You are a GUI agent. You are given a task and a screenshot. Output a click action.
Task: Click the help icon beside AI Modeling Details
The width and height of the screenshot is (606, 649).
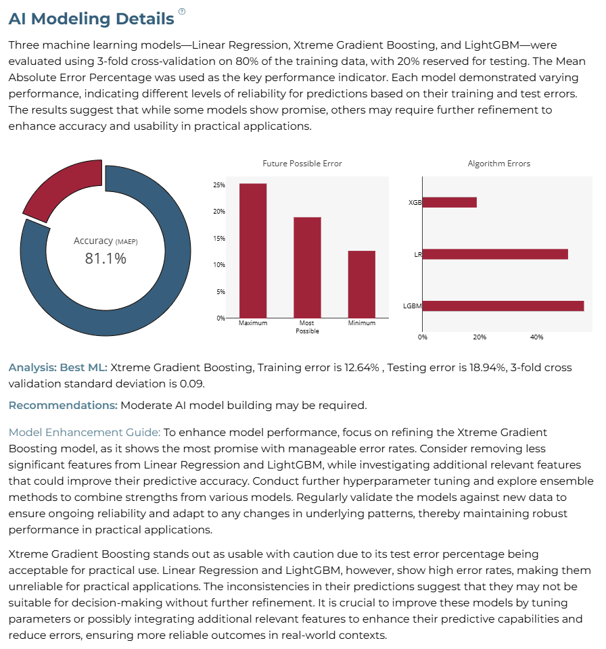click(x=182, y=11)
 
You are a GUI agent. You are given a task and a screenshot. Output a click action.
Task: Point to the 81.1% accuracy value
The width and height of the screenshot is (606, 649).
click(x=106, y=259)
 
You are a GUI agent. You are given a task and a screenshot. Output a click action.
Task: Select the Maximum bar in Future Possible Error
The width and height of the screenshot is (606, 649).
click(x=253, y=251)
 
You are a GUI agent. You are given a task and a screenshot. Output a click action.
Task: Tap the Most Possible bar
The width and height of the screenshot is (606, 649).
click(x=307, y=268)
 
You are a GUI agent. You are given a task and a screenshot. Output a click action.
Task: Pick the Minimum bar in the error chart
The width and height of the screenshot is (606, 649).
click(x=362, y=285)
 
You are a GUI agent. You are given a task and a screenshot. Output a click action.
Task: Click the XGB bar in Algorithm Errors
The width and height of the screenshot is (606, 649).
click(x=449, y=202)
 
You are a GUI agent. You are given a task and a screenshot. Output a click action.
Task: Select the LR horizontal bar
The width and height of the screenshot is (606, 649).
click(x=495, y=254)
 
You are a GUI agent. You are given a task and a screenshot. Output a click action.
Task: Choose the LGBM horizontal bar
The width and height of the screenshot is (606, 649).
click(x=503, y=306)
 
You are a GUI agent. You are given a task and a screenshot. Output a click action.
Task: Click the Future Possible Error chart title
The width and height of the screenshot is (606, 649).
click(x=302, y=164)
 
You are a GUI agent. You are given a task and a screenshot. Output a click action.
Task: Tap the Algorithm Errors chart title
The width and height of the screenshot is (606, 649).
click(x=498, y=164)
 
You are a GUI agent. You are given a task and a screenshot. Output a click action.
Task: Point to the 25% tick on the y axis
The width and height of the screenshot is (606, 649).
click(x=219, y=185)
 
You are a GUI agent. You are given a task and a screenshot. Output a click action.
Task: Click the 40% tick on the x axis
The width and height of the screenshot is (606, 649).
click(x=536, y=337)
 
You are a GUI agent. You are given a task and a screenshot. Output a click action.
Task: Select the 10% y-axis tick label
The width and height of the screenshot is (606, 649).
click(x=219, y=265)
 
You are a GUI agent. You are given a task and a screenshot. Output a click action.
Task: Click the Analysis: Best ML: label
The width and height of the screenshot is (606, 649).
click(x=58, y=368)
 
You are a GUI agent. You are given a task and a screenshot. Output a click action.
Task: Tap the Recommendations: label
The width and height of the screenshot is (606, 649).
click(x=63, y=405)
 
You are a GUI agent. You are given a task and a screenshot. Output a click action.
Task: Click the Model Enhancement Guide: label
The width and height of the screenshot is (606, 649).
click(x=85, y=433)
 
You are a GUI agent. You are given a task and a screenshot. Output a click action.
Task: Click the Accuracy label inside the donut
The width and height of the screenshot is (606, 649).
click(x=93, y=241)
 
